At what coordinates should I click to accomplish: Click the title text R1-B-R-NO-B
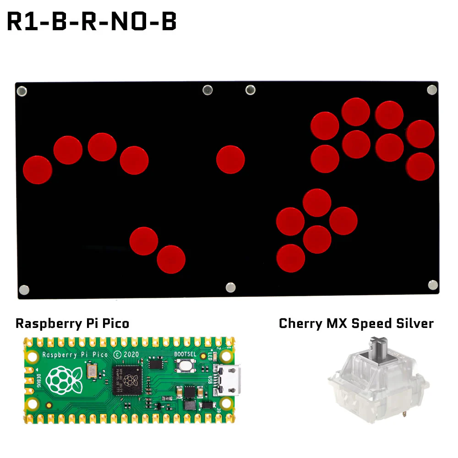click(92, 22)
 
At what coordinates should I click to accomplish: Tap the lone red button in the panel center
click(230, 159)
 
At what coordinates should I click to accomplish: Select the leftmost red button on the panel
click(38, 169)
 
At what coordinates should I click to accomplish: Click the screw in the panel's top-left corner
click(22, 91)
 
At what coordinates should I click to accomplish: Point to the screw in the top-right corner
click(432, 89)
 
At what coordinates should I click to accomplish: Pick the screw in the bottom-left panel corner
click(24, 289)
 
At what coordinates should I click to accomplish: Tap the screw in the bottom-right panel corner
click(433, 285)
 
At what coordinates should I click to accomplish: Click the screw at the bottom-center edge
click(230, 287)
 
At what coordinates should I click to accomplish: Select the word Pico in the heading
click(116, 323)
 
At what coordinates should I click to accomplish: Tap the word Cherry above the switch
click(300, 323)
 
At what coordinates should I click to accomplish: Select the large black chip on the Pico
click(131, 379)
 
